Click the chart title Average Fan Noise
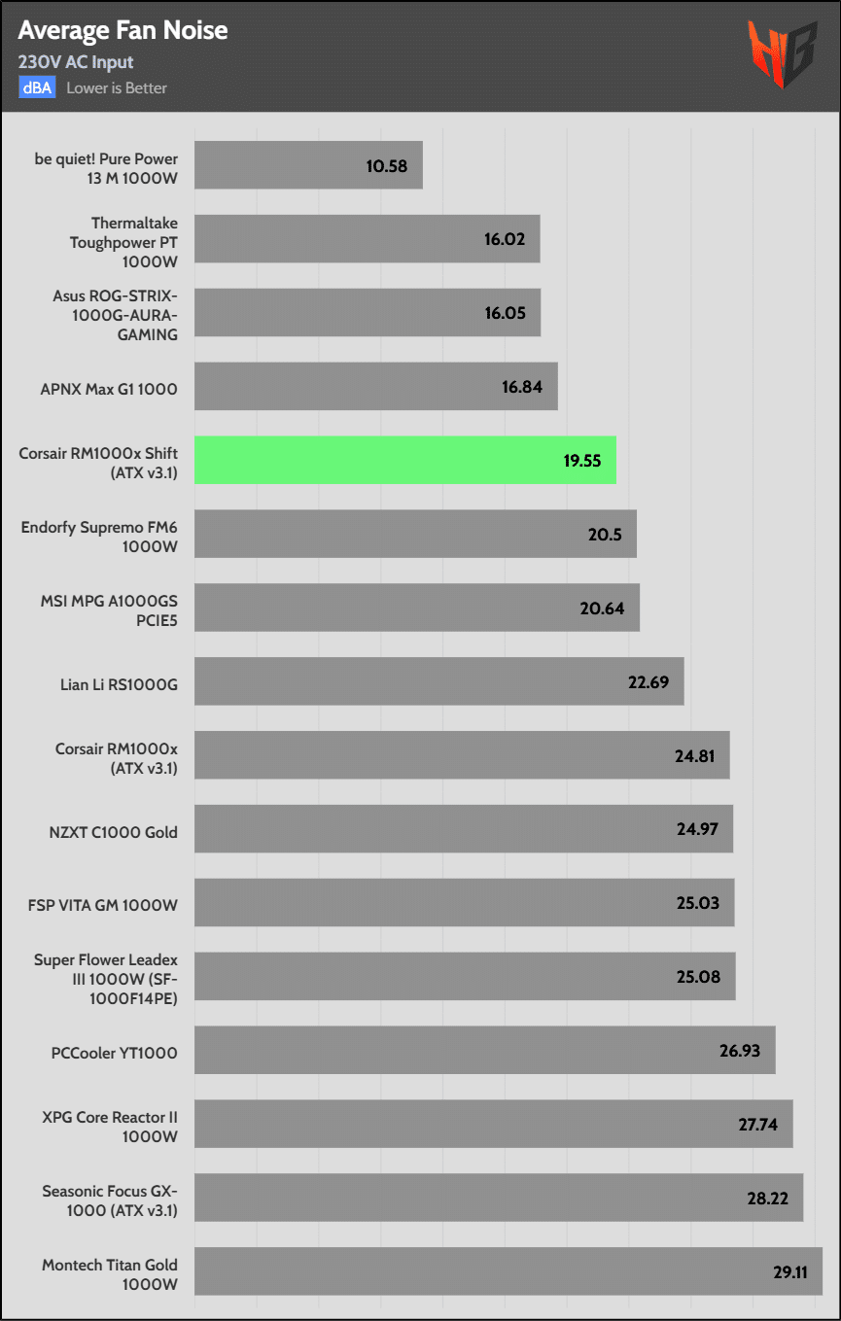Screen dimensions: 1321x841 click(x=123, y=30)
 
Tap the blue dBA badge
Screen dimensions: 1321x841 click(x=38, y=87)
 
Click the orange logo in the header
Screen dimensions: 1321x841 click(x=781, y=54)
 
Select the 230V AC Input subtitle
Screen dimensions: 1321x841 click(x=76, y=62)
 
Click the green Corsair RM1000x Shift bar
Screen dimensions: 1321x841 click(x=404, y=460)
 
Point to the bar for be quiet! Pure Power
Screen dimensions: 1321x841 click(x=308, y=165)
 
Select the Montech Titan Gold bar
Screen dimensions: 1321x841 click(x=508, y=1271)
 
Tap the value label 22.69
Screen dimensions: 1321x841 click(x=648, y=681)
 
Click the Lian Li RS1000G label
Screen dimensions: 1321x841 click(x=119, y=684)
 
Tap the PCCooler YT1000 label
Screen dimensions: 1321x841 click(x=115, y=1052)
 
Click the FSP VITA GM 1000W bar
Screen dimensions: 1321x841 click(x=464, y=903)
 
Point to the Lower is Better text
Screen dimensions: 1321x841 click(x=117, y=87)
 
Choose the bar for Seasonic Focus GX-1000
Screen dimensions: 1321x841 click(x=498, y=1198)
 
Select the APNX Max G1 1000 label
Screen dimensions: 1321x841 click(x=108, y=389)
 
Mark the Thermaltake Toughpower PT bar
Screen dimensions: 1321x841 click(x=367, y=239)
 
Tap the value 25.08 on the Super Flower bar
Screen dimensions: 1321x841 click(x=698, y=976)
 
